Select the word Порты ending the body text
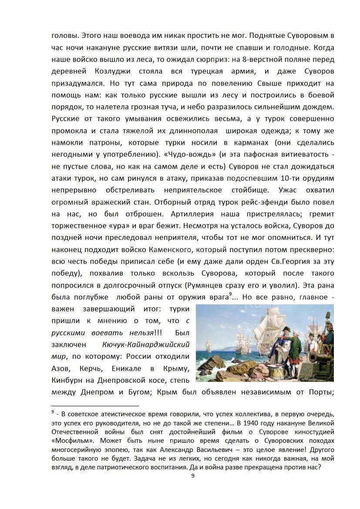click(x=323, y=392)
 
